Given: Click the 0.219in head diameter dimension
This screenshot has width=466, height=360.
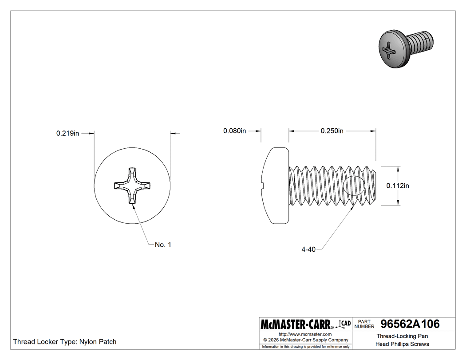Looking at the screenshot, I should [x=67, y=133].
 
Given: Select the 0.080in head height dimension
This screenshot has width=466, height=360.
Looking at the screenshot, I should [x=234, y=131].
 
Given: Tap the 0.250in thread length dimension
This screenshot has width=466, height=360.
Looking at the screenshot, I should [x=332, y=131].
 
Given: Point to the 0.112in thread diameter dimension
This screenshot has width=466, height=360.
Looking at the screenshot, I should [x=397, y=186].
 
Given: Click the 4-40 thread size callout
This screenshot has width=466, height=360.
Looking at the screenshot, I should [x=308, y=249].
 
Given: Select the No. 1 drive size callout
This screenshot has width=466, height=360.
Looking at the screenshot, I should [x=163, y=245].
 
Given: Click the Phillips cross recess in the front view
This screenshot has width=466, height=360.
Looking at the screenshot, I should [x=132, y=185].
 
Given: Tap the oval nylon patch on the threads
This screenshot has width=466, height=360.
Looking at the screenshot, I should [x=355, y=186].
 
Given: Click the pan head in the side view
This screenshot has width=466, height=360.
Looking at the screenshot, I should [x=275, y=186].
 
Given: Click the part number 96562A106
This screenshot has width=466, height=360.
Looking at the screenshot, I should [x=407, y=324].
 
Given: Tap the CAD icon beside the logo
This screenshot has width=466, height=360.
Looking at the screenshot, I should [x=345, y=324].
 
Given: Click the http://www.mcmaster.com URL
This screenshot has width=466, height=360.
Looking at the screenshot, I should [x=305, y=334].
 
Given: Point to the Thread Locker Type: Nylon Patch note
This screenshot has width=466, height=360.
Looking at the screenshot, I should [x=65, y=342].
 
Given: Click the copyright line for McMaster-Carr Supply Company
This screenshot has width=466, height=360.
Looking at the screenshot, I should [x=305, y=340].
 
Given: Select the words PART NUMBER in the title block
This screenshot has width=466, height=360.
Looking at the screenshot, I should [x=364, y=324].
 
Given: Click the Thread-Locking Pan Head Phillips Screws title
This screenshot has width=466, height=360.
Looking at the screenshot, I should [x=402, y=340].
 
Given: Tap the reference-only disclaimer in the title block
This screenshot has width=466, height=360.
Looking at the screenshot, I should [x=306, y=346].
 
